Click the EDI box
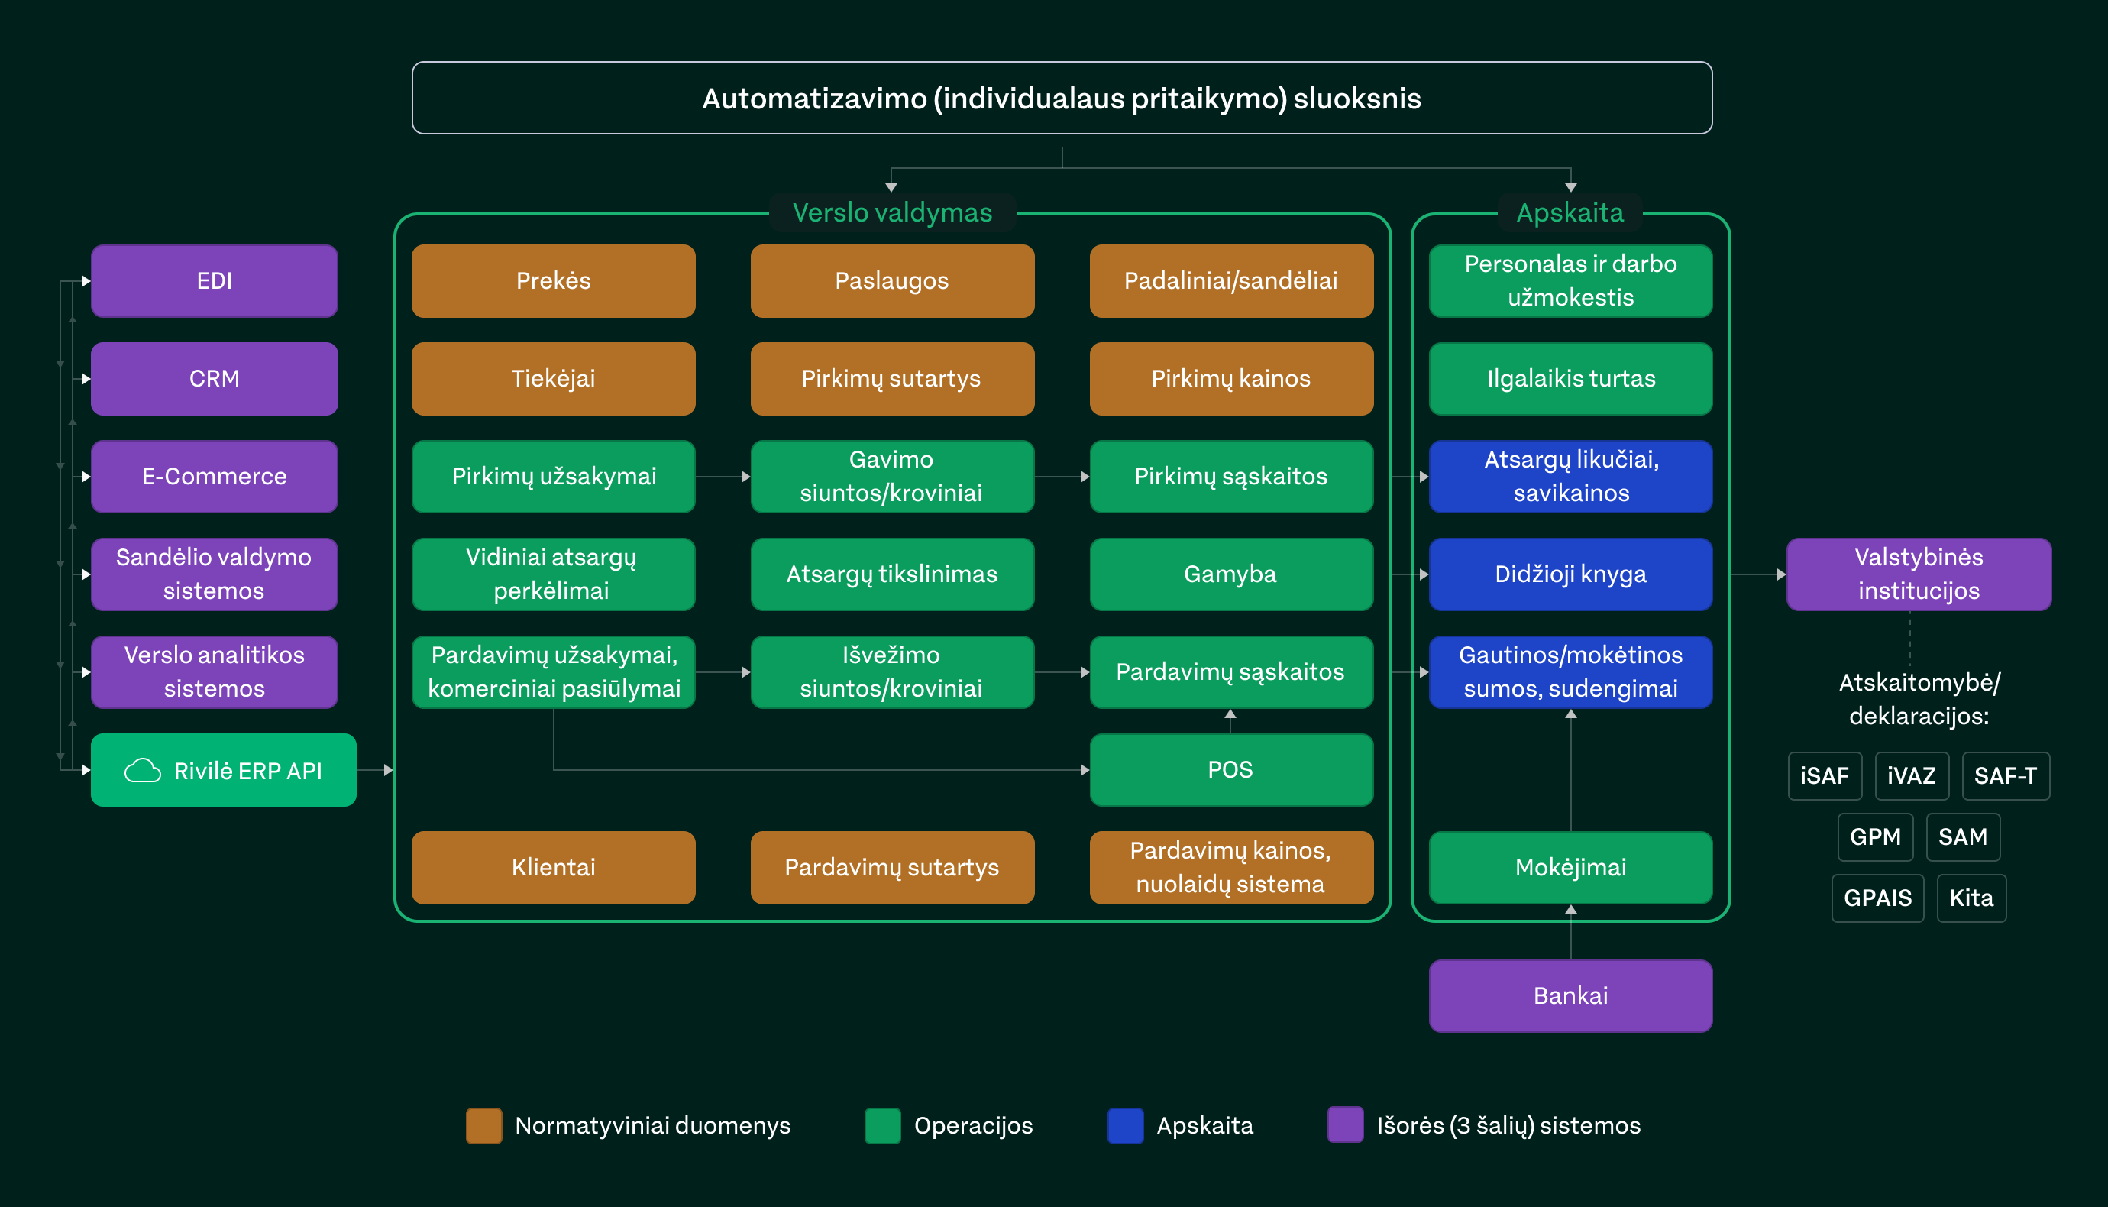point(214,281)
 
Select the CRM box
point(214,379)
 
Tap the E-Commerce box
point(214,477)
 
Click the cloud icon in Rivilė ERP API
point(143,771)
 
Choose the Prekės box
point(553,281)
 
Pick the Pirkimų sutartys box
point(891,379)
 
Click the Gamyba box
point(1230,574)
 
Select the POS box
point(1230,770)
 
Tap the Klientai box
point(553,868)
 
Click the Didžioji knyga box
point(1570,574)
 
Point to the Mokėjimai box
point(1570,868)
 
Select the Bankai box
point(1570,995)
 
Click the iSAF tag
point(1825,776)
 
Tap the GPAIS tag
point(1877,898)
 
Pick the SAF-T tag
point(2005,776)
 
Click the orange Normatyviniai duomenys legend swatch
point(484,1126)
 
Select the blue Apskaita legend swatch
point(1125,1126)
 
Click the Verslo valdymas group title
point(891,213)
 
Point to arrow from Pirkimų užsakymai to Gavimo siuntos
point(723,477)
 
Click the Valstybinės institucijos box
point(1919,574)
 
